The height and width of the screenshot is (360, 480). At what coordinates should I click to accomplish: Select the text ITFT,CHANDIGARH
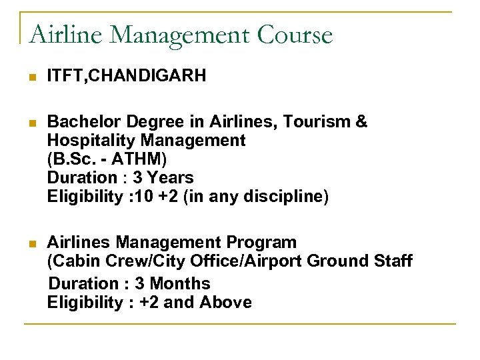[x=126, y=77]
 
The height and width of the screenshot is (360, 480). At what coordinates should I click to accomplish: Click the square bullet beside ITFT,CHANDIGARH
[x=33, y=78]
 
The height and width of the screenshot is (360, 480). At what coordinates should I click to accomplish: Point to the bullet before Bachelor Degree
[x=33, y=123]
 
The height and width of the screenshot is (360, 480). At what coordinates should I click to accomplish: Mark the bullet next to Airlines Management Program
[x=33, y=243]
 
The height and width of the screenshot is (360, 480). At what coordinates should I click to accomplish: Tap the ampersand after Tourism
[x=361, y=122]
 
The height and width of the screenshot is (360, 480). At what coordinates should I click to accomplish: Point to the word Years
[x=170, y=178]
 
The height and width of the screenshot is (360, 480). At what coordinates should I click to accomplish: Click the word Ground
[x=331, y=261]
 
